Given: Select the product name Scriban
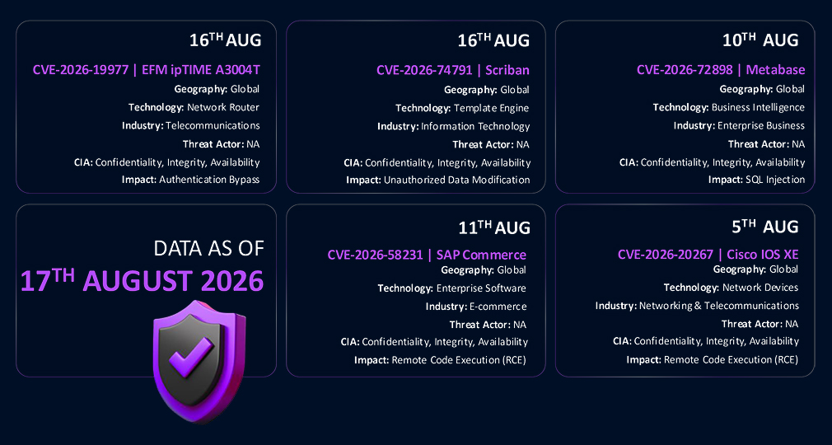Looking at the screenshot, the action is [507, 70].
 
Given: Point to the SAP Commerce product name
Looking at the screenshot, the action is [481, 255].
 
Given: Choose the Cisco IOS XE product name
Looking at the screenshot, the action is [763, 255].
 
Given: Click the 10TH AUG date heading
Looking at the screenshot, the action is [760, 40].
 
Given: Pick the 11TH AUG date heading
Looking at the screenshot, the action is [494, 227].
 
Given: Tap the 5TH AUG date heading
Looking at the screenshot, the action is [765, 227].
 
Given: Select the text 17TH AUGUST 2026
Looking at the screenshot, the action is [143, 280].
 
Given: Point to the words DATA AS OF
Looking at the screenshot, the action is [208, 248].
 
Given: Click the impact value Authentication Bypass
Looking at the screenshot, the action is [209, 180].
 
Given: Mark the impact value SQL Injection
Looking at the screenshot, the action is [775, 180].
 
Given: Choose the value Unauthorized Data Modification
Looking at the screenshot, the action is [456, 180].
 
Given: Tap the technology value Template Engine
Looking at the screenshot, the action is [491, 108].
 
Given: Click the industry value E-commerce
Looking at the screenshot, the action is [498, 307].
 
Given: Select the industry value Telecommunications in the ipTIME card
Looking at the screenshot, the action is [213, 125].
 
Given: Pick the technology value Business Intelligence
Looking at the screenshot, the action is [758, 107].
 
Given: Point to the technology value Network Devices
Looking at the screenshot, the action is [760, 288].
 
